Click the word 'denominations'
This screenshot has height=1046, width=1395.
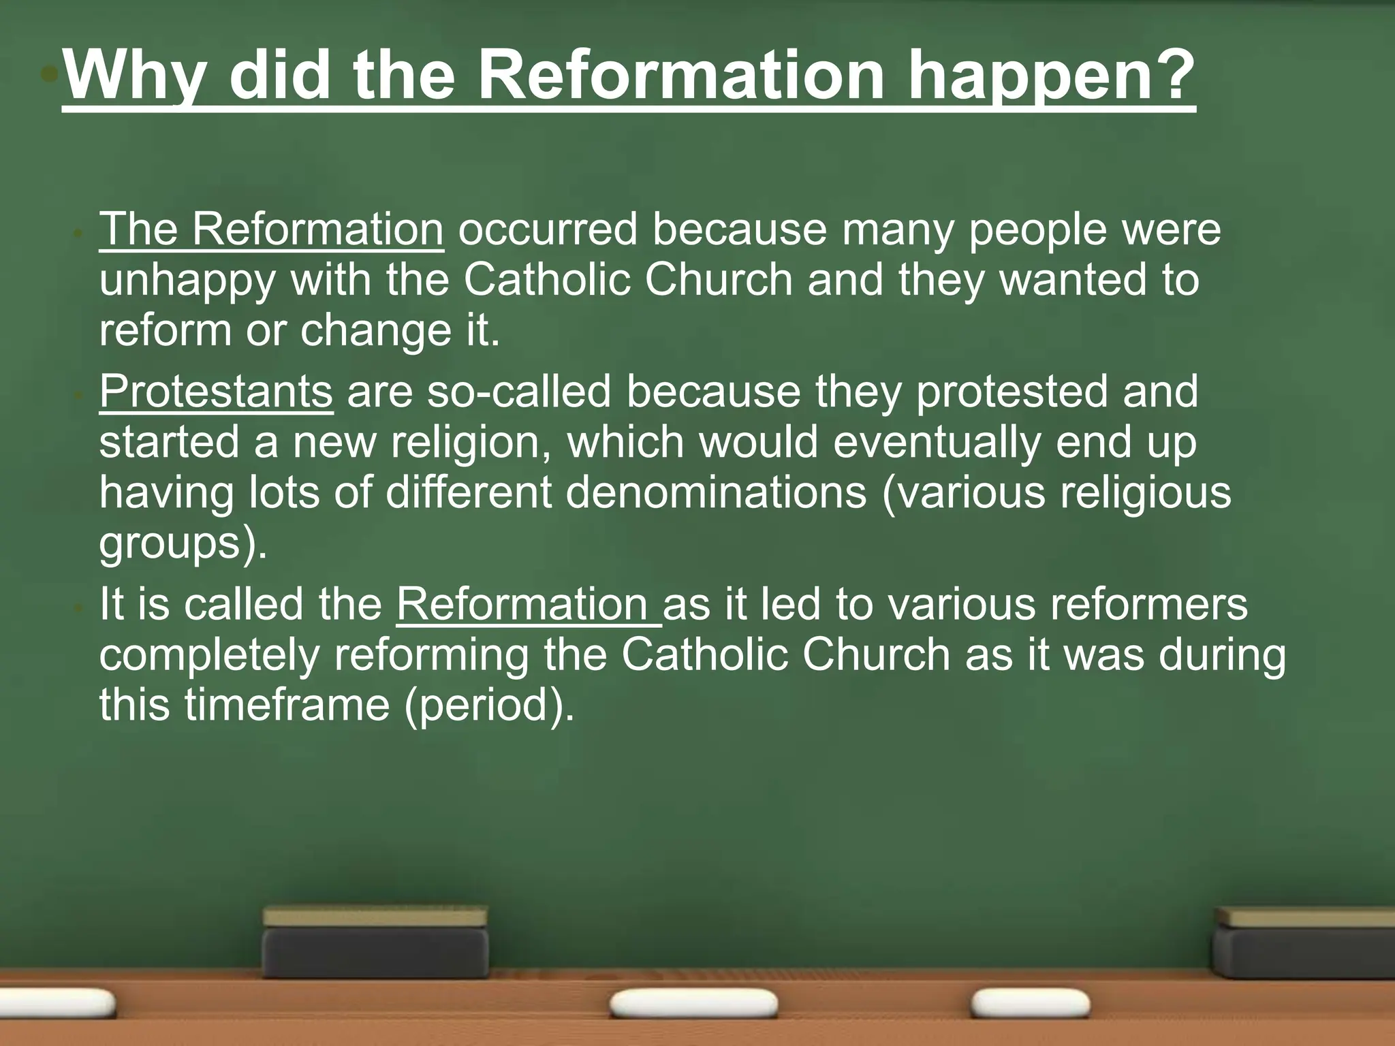coord(716,492)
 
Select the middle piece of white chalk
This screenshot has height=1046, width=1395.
coord(693,1004)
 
